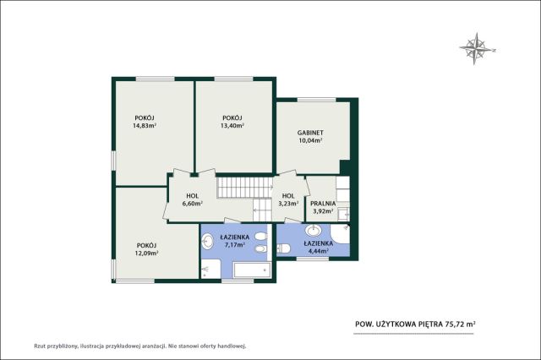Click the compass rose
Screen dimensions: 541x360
477,49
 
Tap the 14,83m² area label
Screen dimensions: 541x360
145,126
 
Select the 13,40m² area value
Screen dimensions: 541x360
232,126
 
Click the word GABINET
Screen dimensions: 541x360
310,133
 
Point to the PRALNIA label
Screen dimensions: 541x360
323,204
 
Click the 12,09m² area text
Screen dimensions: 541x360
146,254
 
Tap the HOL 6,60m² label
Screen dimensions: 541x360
192,199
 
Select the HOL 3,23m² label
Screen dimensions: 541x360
288,199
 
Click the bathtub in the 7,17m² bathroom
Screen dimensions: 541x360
252,270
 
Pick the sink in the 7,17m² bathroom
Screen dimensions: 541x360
207,242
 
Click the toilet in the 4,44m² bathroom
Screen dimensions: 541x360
284,248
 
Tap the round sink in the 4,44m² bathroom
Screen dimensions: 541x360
314,231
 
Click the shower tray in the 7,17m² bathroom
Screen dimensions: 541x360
210,270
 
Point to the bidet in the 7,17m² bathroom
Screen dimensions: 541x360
260,248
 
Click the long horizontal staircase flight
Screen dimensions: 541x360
245,188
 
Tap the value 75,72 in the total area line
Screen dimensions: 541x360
455,324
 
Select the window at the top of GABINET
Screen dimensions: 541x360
317,100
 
